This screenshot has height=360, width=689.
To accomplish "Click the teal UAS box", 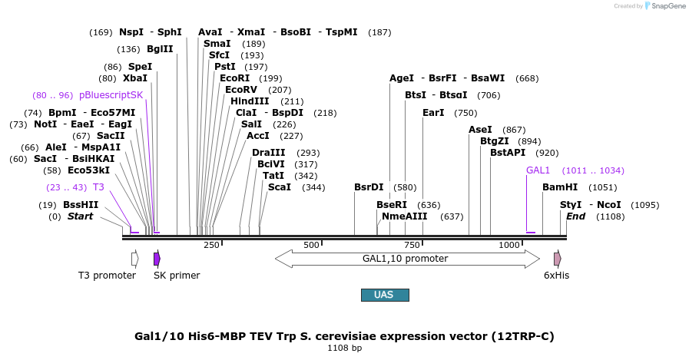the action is (x=385, y=295).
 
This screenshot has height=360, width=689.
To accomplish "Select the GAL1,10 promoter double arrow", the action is (x=405, y=259).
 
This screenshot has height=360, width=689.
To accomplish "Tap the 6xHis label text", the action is (x=557, y=275).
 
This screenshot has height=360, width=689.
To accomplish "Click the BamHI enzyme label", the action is (x=559, y=187).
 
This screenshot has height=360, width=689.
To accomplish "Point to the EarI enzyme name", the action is (x=433, y=113).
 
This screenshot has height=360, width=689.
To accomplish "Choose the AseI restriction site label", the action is (x=480, y=130).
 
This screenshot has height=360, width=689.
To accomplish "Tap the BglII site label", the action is (x=160, y=49).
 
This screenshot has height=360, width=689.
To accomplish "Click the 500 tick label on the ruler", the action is (x=311, y=245).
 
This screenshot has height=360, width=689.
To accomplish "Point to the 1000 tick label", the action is (x=509, y=245).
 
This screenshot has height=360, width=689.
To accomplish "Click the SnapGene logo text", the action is (x=665, y=5).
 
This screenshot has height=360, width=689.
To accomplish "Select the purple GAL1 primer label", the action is (x=538, y=170).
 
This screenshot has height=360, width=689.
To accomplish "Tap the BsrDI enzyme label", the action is (x=369, y=187).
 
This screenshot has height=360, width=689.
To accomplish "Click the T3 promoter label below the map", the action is (x=107, y=275).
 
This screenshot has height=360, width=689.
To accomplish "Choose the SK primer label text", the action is (x=177, y=275).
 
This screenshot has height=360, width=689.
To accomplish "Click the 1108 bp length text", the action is (x=344, y=348).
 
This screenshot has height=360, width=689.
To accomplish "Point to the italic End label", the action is (x=575, y=216).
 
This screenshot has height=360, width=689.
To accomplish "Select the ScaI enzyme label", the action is (x=280, y=187).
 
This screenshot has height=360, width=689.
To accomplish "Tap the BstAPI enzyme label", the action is (x=508, y=153).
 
